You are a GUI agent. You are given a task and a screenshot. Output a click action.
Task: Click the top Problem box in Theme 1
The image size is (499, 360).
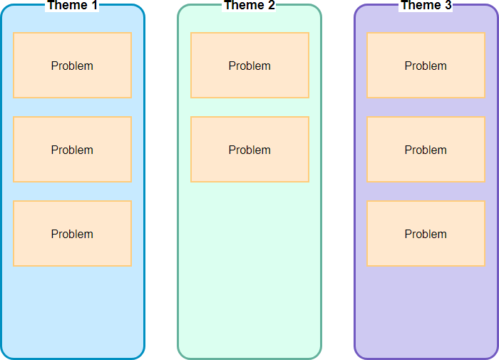[72, 65]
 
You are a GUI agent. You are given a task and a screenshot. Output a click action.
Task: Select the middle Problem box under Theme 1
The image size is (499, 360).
[72, 149]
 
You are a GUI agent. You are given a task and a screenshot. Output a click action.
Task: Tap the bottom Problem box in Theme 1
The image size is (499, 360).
[72, 233]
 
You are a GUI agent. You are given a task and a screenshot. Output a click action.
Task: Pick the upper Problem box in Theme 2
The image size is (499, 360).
[249, 65]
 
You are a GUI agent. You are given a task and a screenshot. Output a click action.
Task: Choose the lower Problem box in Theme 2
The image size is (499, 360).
[249, 149]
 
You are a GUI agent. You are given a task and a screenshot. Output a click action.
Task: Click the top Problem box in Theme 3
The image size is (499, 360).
[426, 65]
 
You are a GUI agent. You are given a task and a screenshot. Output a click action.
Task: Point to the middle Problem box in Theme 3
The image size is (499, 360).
[426, 149]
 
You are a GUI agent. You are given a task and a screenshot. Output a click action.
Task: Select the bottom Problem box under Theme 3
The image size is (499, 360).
[426, 233]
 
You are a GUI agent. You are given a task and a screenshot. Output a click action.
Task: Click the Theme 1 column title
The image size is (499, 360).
[72, 6]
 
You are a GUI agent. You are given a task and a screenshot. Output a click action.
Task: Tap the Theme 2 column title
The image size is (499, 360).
[249, 6]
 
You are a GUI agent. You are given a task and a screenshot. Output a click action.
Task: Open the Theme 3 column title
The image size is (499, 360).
[426, 6]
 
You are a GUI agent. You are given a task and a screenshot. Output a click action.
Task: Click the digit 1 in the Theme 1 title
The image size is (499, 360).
[94, 6]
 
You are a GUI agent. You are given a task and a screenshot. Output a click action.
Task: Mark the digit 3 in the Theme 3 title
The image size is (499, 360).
[448, 6]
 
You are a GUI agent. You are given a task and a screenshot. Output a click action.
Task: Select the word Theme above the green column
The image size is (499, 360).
[244, 6]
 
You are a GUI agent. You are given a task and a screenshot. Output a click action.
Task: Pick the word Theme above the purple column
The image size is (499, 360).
[421, 6]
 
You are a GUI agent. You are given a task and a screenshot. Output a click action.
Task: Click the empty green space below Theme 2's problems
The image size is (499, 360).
[249, 271]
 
